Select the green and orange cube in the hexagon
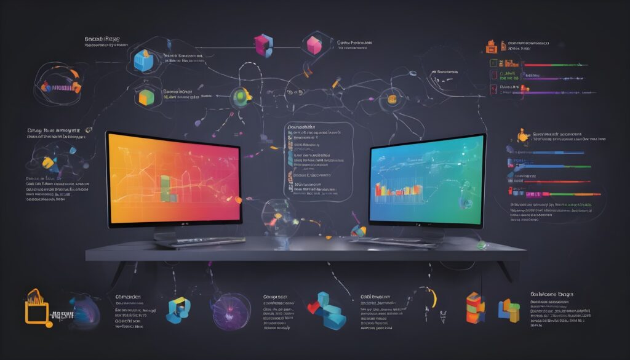pyautogui.click(x=145, y=97)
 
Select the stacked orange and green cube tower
pyautogui.click(x=475, y=308)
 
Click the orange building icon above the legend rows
pyautogui.click(x=491, y=46)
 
